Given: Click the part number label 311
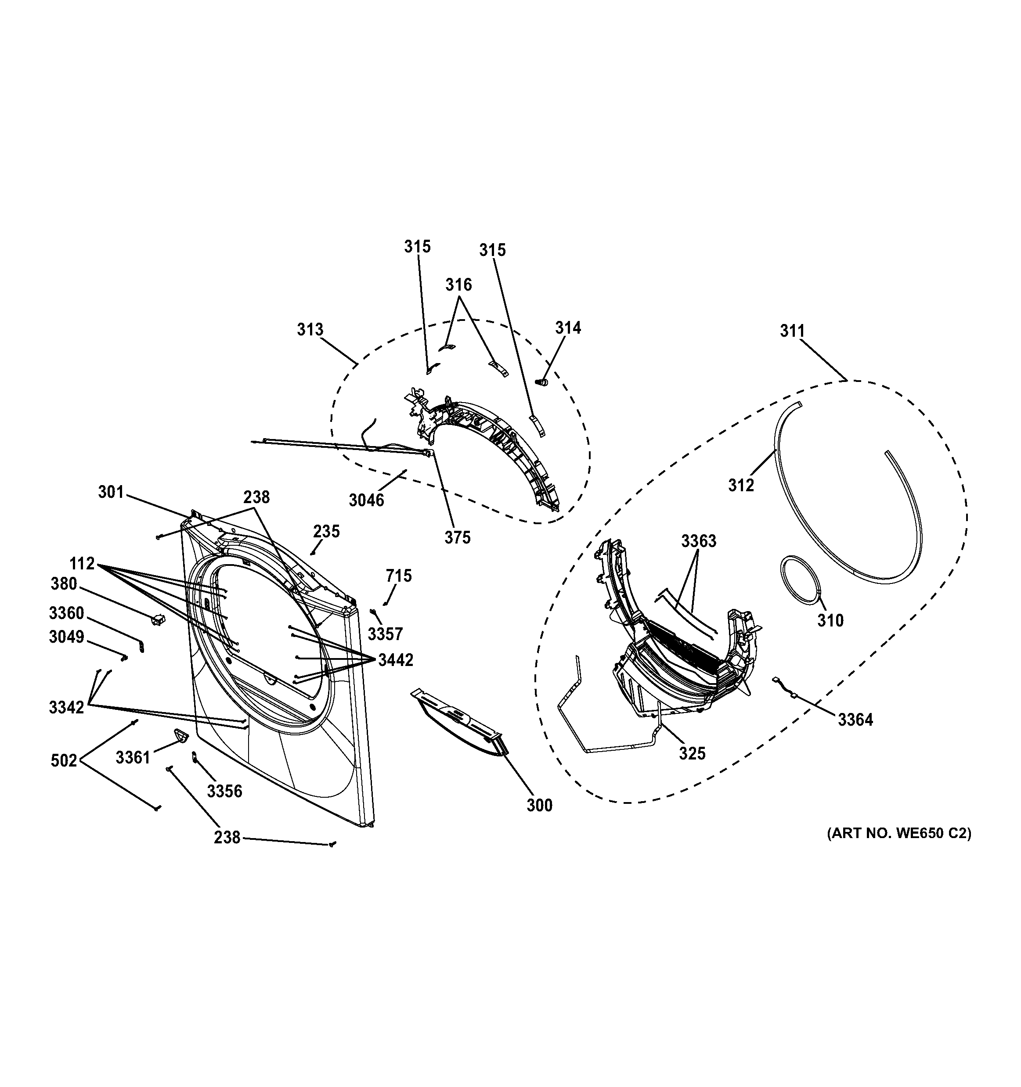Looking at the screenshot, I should point(792,331).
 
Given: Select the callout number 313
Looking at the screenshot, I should point(310,330).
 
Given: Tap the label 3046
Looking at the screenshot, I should point(366,500).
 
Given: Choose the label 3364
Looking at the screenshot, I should point(855,720).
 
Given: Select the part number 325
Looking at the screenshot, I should point(693,753).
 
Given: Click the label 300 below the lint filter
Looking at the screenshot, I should point(539,806).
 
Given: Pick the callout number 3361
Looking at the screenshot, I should point(133,757).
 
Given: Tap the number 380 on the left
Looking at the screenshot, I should point(64,584).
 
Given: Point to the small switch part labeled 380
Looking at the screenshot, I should point(158,619).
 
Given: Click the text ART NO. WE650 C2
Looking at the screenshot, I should point(899,833).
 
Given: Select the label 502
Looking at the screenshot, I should point(64,760).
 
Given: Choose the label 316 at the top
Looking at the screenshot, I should point(458,284).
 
